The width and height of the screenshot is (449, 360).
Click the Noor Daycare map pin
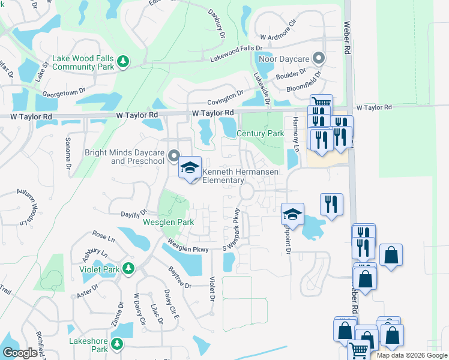(319, 59)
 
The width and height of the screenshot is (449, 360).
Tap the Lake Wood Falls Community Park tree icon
(123, 62)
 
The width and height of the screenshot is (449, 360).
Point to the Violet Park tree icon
(127, 268)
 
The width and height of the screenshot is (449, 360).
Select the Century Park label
(260, 133)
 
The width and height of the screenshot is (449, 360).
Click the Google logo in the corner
(20, 353)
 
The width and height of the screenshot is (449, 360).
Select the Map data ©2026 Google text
(412, 355)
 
